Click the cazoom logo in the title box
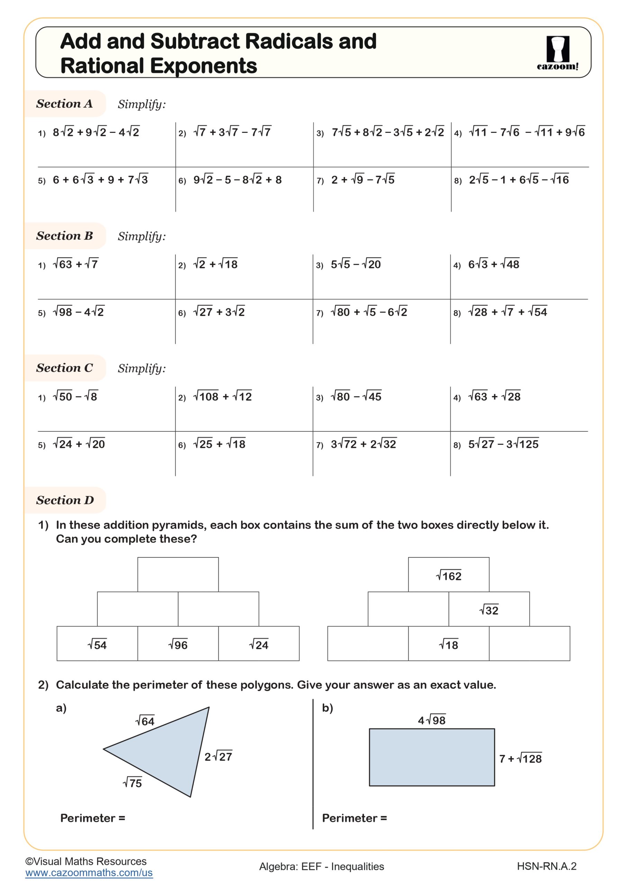(x=557, y=53)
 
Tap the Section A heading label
(x=64, y=104)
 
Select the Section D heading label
(x=65, y=500)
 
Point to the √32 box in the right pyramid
(x=489, y=610)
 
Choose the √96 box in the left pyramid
(x=178, y=644)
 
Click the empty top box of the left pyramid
(x=178, y=574)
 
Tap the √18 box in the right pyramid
(x=449, y=644)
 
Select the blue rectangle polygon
(x=432, y=757)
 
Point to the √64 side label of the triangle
(x=145, y=721)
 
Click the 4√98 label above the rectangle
(x=432, y=720)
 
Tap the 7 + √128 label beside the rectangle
(x=520, y=759)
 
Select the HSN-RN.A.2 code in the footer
(x=546, y=866)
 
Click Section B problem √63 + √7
(x=76, y=264)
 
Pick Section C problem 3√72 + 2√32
(x=363, y=444)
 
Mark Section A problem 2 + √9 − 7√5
(x=363, y=180)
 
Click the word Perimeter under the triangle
(x=88, y=818)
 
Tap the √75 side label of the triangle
(x=132, y=783)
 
